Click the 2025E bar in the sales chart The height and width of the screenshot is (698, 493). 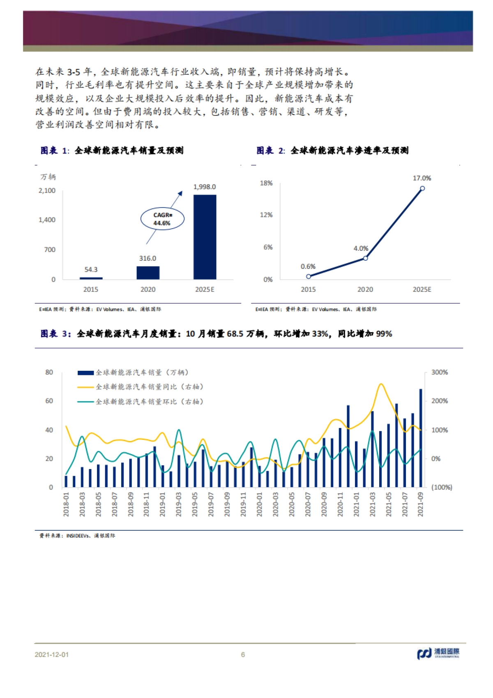click(205, 237)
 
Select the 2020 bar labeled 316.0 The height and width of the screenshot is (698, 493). click(148, 273)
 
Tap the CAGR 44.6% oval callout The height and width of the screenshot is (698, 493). click(162, 219)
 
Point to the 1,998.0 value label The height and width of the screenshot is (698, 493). click(205, 187)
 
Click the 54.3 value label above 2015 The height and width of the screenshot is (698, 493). click(91, 270)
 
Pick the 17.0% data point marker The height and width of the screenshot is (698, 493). click(422, 188)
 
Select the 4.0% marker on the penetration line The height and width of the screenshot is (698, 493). click(365, 258)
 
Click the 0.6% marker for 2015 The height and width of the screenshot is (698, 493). click(309, 276)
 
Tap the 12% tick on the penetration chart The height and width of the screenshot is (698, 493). click(266, 215)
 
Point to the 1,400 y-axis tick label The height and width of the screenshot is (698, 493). click(47, 220)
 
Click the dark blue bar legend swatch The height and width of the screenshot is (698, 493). click(85, 373)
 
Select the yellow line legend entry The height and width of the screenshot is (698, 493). click(140, 387)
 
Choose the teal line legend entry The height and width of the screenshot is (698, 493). click(140, 402)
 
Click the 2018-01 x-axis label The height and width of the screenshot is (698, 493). click(66, 504)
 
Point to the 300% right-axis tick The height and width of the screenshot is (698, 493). click(440, 372)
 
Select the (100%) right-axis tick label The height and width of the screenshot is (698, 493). click(442, 488)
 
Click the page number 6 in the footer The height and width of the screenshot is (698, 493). click(243, 654)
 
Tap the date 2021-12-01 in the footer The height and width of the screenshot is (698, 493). click(52, 654)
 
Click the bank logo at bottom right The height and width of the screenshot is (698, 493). click(438, 653)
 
